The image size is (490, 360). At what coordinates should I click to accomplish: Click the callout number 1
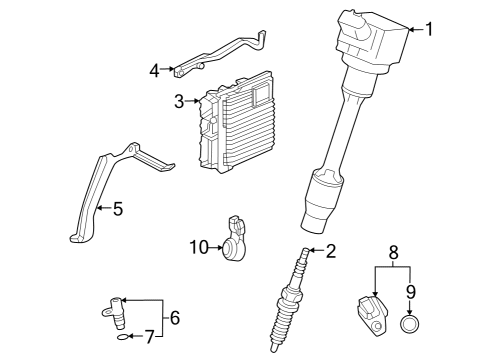(x=430, y=29)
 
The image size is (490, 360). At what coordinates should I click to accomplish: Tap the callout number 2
(x=331, y=251)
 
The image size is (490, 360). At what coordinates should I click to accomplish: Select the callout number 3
(x=179, y=101)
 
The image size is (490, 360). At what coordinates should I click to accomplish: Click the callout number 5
(x=117, y=209)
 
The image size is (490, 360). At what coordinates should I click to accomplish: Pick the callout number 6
(x=174, y=317)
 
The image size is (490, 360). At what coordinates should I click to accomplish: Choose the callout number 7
(x=151, y=337)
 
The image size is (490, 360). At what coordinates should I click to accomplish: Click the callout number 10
(x=197, y=246)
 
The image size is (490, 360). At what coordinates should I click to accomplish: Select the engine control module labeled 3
(x=240, y=125)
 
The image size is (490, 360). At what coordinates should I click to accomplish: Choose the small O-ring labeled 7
(x=122, y=338)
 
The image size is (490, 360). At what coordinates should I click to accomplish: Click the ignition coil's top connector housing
(x=375, y=35)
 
